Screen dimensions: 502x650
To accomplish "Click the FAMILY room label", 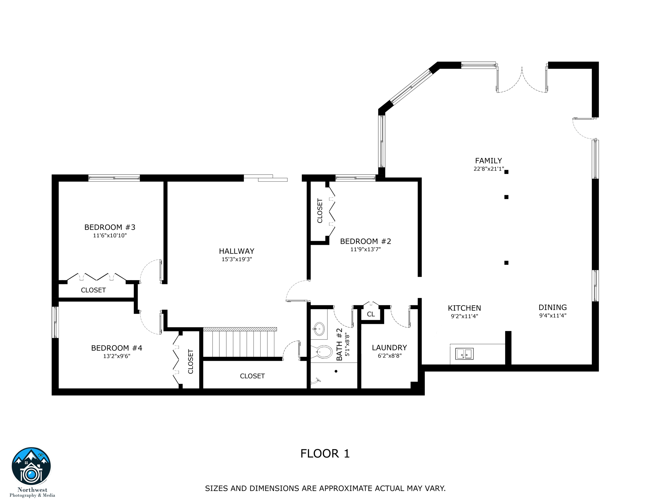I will point(488,160).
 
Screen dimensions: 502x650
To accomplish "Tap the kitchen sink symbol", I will point(464,354).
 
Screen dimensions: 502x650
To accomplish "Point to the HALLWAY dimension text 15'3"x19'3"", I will point(237,259).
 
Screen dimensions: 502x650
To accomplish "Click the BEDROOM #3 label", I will point(110,227).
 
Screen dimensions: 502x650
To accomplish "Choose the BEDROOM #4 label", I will point(117,348).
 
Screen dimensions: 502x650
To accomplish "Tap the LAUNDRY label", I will point(389,348).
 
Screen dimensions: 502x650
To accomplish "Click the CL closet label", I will point(371,314).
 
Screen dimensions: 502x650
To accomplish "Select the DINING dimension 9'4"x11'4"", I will point(553,316).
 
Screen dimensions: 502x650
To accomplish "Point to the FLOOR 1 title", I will point(325,454).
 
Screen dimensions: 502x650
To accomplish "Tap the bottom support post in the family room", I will point(506,263).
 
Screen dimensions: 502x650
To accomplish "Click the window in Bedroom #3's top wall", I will point(114,178).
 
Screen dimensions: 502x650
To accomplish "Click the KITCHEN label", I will point(464,308).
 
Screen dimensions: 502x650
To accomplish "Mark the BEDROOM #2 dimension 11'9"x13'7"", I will point(366,249).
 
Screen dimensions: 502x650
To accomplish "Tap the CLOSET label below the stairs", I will point(252,376).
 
